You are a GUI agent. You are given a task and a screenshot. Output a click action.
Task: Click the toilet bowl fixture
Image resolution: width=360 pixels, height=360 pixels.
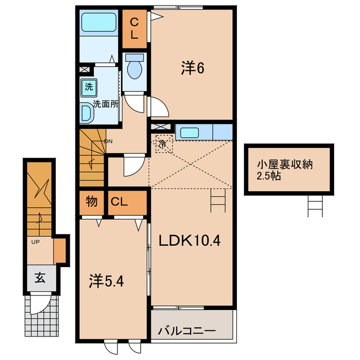(134, 66)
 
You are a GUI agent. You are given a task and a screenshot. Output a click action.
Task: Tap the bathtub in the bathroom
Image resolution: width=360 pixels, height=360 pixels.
(99, 22)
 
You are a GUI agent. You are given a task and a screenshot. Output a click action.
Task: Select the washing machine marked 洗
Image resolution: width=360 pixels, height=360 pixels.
(89, 87)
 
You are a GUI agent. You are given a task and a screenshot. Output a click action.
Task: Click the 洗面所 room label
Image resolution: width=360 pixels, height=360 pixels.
(106, 105)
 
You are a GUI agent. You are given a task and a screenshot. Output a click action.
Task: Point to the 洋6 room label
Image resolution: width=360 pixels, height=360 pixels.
(192, 68)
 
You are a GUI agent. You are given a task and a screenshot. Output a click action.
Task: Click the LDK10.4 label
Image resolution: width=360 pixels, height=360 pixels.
(190, 241)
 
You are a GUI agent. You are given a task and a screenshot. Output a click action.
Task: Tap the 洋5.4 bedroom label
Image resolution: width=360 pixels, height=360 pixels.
(106, 281)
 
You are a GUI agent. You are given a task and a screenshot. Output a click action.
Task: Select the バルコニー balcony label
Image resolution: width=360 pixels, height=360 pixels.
(187, 331)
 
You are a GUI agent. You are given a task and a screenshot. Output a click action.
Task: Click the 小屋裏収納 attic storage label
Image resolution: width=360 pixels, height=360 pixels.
(285, 165)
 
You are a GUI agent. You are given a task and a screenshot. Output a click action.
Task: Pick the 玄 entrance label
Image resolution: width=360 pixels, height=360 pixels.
(40, 277)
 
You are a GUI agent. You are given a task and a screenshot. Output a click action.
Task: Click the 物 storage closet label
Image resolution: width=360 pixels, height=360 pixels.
(92, 201)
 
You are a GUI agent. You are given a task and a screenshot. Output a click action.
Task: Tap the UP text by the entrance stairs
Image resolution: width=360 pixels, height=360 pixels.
(35, 242)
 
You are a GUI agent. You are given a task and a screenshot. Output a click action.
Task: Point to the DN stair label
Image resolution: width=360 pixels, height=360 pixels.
(109, 141)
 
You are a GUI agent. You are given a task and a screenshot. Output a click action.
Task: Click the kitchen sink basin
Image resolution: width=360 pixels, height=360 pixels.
(190, 133)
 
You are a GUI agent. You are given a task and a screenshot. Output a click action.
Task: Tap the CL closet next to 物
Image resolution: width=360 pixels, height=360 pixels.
(127, 202)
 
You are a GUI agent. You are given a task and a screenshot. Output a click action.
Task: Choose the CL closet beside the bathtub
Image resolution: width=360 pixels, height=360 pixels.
(134, 29)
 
